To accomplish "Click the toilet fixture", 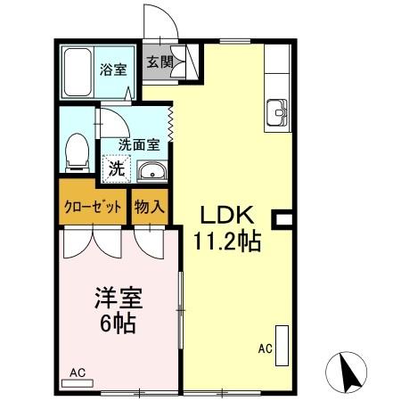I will (x=78, y=151).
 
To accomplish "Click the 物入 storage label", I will (x=150, y=206).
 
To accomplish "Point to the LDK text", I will (x=227, y=215).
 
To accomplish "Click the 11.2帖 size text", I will (x=227, y=241).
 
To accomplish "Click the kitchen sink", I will (x=278, y=113).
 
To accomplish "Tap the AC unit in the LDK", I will (x=282, y=347).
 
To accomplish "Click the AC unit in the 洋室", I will (x=78, y=382).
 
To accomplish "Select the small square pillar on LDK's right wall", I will (x=284, y=217).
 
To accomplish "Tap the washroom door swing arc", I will (x=111, y=120).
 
